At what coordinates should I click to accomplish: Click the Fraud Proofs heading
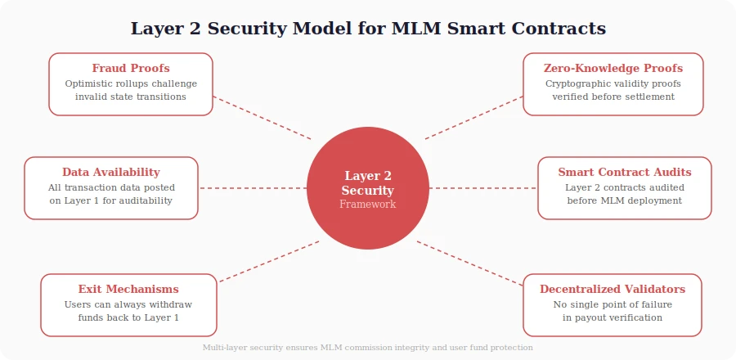tap(131, 68)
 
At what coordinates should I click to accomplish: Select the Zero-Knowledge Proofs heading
tap(613, 68)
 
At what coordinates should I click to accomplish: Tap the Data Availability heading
tap(111, 172)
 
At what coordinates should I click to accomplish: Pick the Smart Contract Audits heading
tap(625, 172)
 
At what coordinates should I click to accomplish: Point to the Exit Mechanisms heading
tap(128, 289)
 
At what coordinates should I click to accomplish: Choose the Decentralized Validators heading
tap(613, 289)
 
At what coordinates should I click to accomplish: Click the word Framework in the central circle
tap(368, 205)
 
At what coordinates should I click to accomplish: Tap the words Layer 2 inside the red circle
tap(368, 175)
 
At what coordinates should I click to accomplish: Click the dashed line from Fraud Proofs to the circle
tap(262, 118)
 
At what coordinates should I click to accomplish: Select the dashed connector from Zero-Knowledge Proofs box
tap(474, 118)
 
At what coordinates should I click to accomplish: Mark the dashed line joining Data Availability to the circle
tap(252, 188)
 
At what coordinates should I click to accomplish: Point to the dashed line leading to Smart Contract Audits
tap(483, 188)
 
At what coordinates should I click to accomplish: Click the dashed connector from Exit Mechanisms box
tap(268, 262)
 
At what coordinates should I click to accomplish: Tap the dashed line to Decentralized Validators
tap(470, 263)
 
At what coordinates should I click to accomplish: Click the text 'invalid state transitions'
tap(131, 97)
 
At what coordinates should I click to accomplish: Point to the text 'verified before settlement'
tap(613, 97)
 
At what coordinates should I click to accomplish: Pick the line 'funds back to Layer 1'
tap(128, 317)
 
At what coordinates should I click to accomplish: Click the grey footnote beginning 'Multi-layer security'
tap(368, 348)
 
